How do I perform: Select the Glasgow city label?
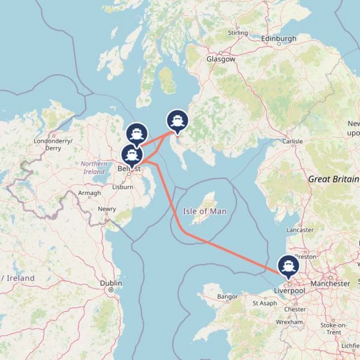(x=221, y=59)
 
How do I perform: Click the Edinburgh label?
(x=279, y=38)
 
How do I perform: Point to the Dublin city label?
(x=111, y=283)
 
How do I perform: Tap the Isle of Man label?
(x=204, y=212)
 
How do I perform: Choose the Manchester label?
(x=330, y=283)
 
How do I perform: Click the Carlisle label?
(x=292, y=142)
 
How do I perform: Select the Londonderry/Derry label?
(x=53, y=144)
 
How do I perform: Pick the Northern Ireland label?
(x=94, y=168)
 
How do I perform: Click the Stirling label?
(x=238, y=33)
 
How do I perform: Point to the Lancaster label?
(x=300, y=230)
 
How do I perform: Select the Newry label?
(x=107, y=209)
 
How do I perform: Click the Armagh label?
(x=89, y=193)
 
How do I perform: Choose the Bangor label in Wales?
(x=228, y=297)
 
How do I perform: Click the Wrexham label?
(x=289, y=322)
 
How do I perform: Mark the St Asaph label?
(x=265, y=303)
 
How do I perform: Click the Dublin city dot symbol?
(x=111, y=290)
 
